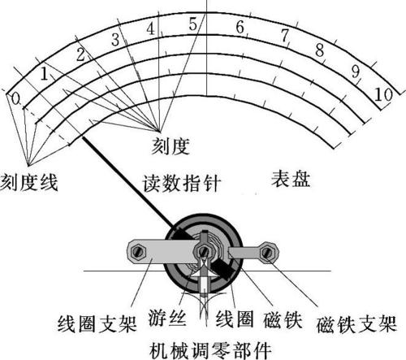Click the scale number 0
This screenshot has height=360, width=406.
pyautogui.click(x=16, y=99)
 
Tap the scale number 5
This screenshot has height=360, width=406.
pyautogui.click(x=193, y=24)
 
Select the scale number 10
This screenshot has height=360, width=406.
pyautogui.click(x=383, y=95)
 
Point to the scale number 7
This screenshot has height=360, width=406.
pyautogui.click(x=285, y=35)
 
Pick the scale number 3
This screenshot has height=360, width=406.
pyautogui.click(x=115, y=40)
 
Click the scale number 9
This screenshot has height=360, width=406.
pyautogui.click(x=356, y=71)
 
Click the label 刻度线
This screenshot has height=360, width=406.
pyautogui.click(x=29, y=183)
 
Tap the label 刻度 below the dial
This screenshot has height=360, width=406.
pyautogui.click(x=170, y=145)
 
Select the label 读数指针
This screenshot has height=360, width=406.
pyautogui.click(x=182, y=184)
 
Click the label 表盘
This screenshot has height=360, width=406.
pyautogui.click(x=291, y=179)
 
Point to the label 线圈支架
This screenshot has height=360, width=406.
pyautogui.click(x=97, y=323)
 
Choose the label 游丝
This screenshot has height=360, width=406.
pyautogui.click(x=167, y=317)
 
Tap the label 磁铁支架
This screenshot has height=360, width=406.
pyautogui.click(x=356, y=323)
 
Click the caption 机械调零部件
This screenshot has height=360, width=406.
pyautogui.click(x=210, y=350)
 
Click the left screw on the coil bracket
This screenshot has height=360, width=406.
pyautogui.click(x=138, y=253)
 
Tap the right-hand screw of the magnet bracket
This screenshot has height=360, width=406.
pyautogui.click(x=267, y=253)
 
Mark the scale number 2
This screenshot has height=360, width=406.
pyautogui.click(x=80, y=55)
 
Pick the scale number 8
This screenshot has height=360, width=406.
pyautogui.click(x=320, y=50)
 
